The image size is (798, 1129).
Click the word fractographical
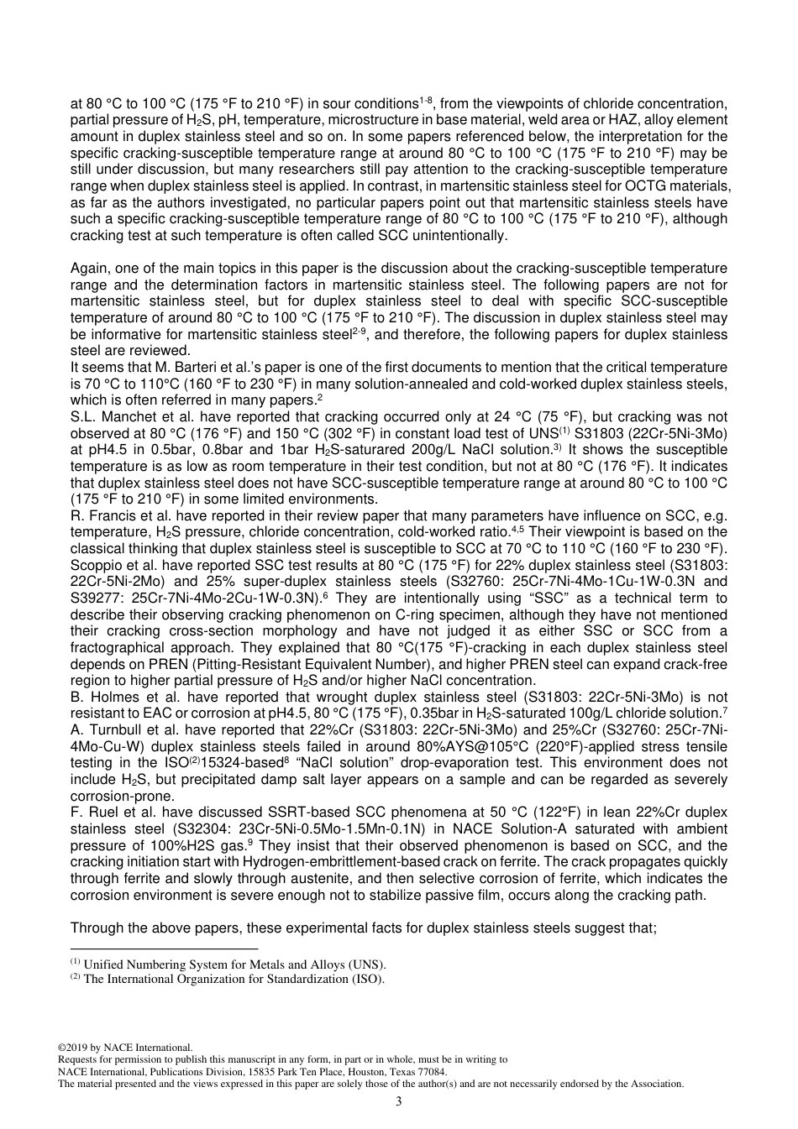(122, 648)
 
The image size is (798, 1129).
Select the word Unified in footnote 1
(102, 964)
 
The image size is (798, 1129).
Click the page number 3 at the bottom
(398, 1101)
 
